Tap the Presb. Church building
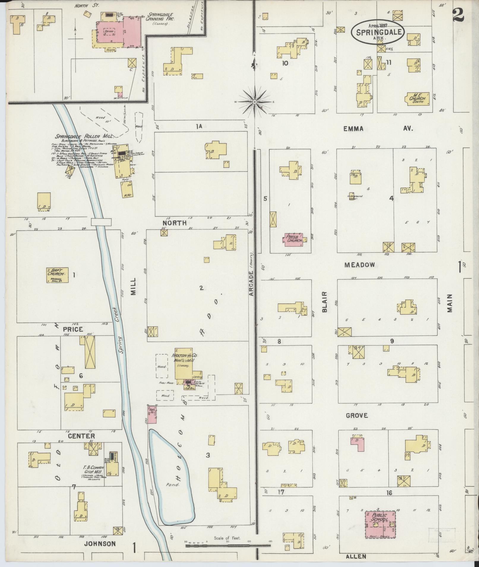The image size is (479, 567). (x=294, y=239)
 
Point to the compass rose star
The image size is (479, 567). (x=255, y=102)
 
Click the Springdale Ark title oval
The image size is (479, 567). (x=377, y=32)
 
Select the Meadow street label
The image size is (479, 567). (x=360, y=265)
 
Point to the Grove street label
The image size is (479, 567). (x=357, y=416)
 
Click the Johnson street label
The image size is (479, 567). (x=100, y=544)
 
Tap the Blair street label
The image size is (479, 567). (x=324, y=302)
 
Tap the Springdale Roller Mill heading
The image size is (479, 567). (x=81, y=137)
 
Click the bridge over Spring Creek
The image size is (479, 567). (x=101, y=222)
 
